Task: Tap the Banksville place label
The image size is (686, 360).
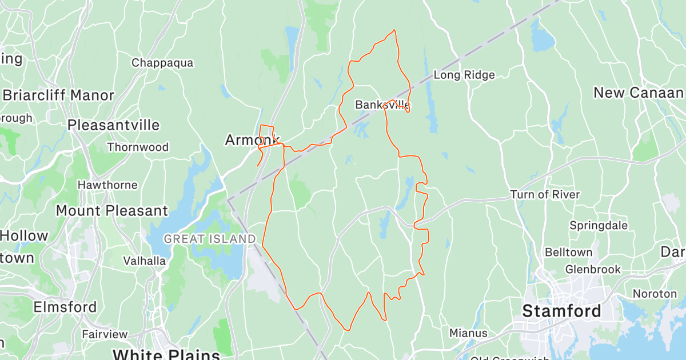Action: [x=382, y=105]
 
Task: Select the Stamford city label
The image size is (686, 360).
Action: [x=562, y=311]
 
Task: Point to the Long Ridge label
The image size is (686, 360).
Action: [x=464, y=75]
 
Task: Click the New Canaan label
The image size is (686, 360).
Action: [x=638, y=93]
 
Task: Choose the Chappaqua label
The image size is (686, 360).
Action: [x=162, y=63]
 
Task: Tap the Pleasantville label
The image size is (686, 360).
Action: [x=113, y=125]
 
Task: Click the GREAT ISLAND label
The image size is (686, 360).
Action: [x=210, y=239]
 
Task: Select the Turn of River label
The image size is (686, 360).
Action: [x=545, y=195]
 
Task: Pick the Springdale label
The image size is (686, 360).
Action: [x=599, y=225]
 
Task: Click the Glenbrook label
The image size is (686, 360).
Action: [x=592, y=269]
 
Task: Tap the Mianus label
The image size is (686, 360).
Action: [x=468, y=333]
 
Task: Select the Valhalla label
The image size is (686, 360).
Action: [x=145, y=261]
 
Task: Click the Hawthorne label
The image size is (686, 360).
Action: [x=107, y=185]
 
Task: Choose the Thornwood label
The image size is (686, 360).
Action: [x=138, y=147]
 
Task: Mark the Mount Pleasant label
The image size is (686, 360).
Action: [x=112, y=211]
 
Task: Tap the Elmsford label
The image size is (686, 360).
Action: [x=65, y=307]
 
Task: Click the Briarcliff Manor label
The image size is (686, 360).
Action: [x=58, y=95]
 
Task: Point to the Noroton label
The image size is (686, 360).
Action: [x=655, y=294]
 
